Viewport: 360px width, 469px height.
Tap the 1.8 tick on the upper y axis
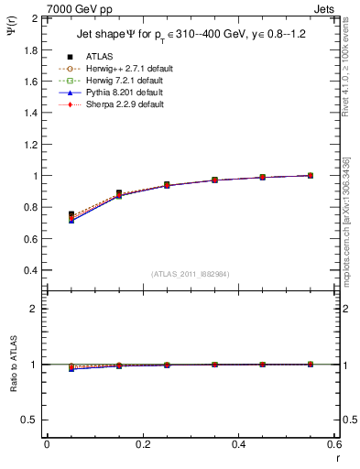(31, 49)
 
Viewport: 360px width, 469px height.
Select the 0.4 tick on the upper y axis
(31, 270)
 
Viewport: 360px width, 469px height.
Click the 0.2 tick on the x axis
(143, 443)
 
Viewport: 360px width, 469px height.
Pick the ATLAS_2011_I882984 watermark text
(190, 274)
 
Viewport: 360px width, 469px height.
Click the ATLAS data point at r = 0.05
(71, 213)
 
